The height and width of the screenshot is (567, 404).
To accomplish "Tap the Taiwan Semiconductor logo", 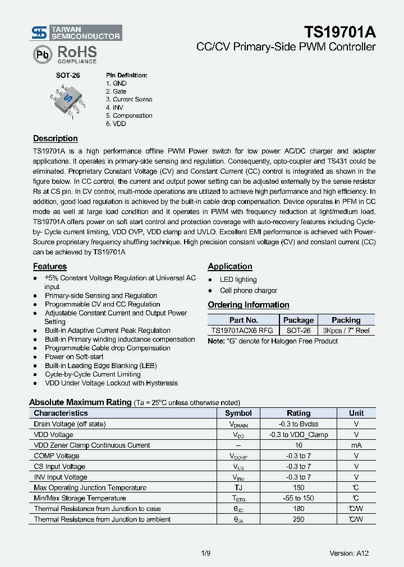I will click(76, 32).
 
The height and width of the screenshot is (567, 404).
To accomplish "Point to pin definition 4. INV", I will click(114, 107).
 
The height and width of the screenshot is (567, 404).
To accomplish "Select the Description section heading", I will click(55, 138).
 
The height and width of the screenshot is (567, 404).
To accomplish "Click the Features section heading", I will click(49, 267).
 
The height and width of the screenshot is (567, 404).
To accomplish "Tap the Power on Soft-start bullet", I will click(74, 356).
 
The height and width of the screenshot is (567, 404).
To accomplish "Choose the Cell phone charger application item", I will click(248, 290).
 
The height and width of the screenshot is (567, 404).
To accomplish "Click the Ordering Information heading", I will click(249, 305).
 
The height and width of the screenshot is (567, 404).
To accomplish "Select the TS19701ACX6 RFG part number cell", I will click(243, 331).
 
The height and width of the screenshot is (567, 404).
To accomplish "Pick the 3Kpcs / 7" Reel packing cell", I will click(346, 331).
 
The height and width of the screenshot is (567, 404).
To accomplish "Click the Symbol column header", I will click(238, 413).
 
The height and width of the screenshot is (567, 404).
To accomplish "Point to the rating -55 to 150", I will click(299, 498).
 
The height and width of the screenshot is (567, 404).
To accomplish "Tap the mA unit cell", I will click(356, 445).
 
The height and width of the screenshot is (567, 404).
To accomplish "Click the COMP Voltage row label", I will click(57, 456).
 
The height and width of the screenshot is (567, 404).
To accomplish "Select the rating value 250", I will click(299, 519).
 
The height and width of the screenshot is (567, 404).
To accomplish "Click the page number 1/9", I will click(205, 554).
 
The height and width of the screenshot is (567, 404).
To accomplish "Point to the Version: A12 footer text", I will click(349, 554).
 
